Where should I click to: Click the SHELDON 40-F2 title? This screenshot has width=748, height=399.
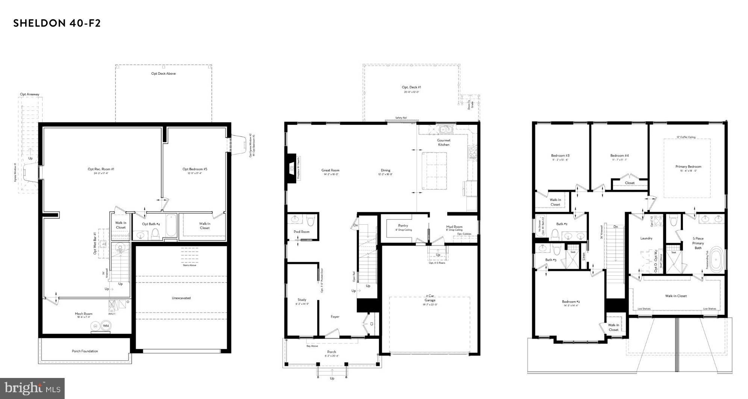tap(57, 23)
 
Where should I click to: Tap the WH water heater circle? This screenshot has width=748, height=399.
tap(106, 326)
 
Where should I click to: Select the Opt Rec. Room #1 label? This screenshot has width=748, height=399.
tap(101, 169)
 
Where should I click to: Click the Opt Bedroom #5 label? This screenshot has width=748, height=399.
tap(195, 169)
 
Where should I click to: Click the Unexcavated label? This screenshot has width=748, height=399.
tap(181, 298)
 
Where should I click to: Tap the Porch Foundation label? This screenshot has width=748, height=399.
tap(85, 351)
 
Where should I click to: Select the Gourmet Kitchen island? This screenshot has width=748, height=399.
tap(434, 170)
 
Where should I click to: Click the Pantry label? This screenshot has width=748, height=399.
tap(403, 226)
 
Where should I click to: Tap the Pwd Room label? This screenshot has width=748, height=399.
tap(301, 232)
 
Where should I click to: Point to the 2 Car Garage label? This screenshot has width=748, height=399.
tap(430, 298)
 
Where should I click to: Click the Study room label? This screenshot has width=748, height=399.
tap(302, 300)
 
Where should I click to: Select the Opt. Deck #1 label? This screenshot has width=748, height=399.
tap(411, 87)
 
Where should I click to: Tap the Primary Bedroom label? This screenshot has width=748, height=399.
tap(688, 166)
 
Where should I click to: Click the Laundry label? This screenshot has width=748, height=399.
tap(646, 238)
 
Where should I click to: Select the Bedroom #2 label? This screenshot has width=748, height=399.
tap(571, 302)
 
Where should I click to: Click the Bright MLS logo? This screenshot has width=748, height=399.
tap(32, 387)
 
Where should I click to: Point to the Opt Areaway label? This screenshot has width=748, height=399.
tap(30, 94)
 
